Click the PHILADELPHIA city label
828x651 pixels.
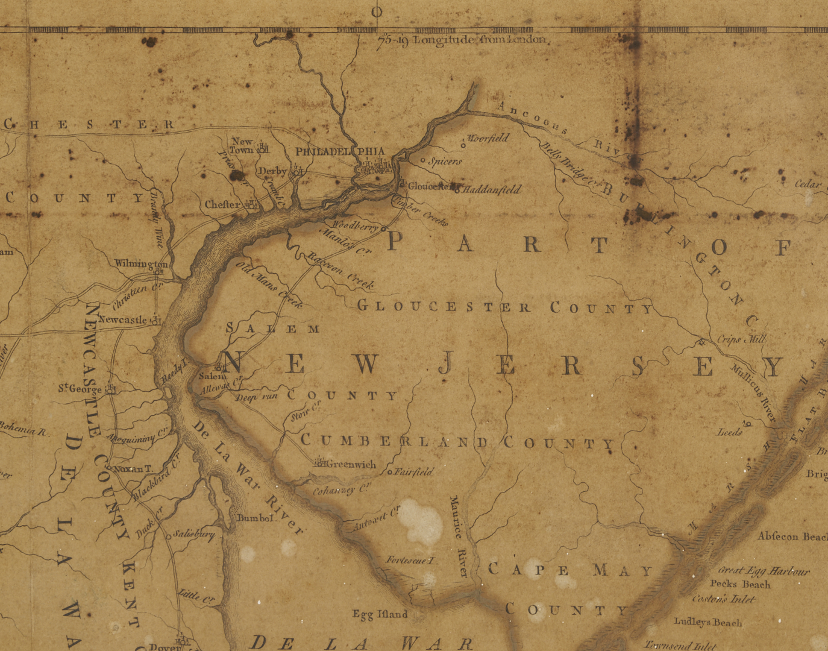tap(339, 151)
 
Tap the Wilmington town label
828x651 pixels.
tap(141, 264)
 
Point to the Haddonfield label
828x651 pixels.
tap(492, 189)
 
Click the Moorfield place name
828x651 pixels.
tap(488, 138)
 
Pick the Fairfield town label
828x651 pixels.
tap(414, 472)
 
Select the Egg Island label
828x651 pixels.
tap(380, 614)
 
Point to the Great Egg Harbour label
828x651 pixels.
tap(764, 571)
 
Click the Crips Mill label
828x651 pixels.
tap(741, 339)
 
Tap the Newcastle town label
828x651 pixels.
tap(122, 319)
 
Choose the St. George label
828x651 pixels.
tap(80, 389)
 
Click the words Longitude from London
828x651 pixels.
tap(480, 40)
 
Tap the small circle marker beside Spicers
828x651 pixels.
tap(422, 161)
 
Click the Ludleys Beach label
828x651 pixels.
tap(707, 622)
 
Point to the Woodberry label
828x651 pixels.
tap(355, 226)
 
